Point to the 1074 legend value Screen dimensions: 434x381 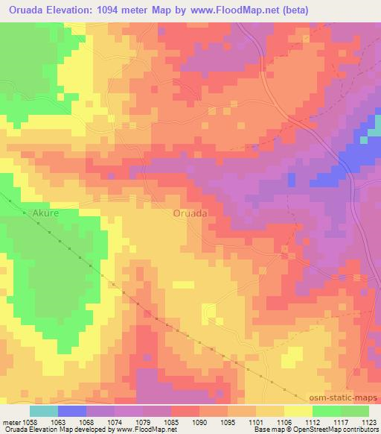point(115,421)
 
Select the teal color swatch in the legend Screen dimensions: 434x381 point(44,411)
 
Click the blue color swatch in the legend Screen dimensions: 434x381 point(72,411)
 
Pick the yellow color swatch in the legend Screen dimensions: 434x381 point(298,411)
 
